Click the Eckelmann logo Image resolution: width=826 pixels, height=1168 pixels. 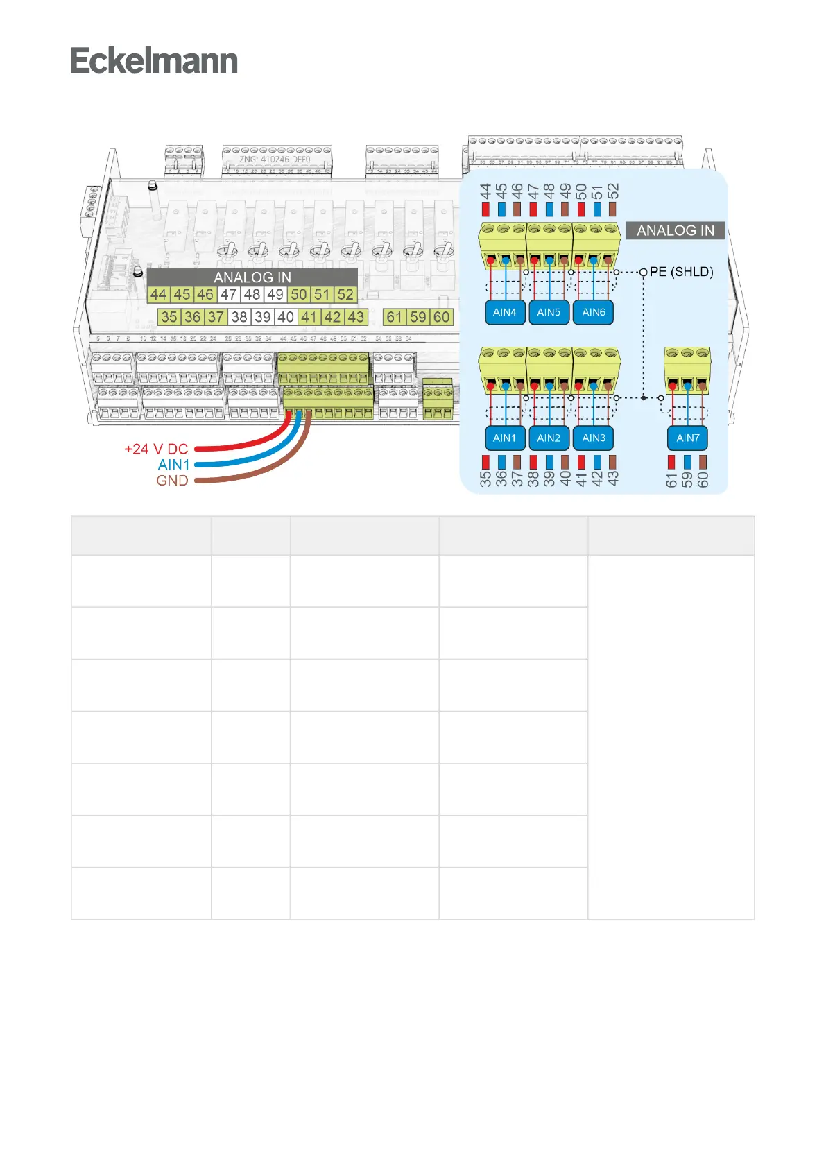click(x=153, y=61)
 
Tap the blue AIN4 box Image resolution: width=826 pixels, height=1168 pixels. click(x=504, y=312)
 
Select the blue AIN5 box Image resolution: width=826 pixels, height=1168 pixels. click(x=548, y=312)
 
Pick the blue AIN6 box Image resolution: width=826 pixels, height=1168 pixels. click(x=593, y=312)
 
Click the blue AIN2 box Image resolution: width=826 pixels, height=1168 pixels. click(x=548, y=438)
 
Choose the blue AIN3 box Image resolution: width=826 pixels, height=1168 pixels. click(x=593, y=438)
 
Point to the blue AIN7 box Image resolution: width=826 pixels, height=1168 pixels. click(x=687, y=438)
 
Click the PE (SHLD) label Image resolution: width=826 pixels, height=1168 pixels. click(x=681, y=272)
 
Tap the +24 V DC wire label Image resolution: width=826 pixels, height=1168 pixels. click(x=156, y=449)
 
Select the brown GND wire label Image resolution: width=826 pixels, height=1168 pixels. click(x=172, y=480)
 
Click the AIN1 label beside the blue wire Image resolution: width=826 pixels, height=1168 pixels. click(x=173, y=465)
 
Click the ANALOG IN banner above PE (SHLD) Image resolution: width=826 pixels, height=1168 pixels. click(x=676, y=230)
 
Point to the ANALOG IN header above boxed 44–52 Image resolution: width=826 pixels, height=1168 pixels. click(x=252, y=277)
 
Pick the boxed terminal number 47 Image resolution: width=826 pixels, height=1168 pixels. click(x=229, y=294)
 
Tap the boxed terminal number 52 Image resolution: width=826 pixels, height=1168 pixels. click(x=345, y=294)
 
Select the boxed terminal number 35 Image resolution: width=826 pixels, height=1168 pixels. click(x=169, y=317)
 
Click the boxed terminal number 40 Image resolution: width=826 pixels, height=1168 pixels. click(x=286, y=317)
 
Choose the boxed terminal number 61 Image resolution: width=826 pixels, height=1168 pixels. click(x=395, y=317)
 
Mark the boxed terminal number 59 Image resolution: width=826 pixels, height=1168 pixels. click(x=418, y=317)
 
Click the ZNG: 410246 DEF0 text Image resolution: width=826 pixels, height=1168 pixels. click(x=275, y=160)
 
